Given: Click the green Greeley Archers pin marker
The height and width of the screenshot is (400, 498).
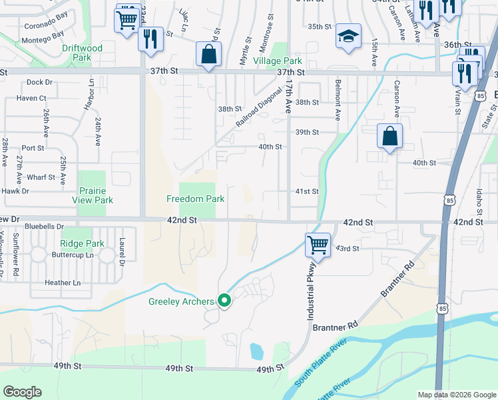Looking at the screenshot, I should [225, 301].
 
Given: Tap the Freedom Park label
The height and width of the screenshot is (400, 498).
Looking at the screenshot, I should [195, 199].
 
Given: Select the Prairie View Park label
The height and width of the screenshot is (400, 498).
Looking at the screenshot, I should [93, 195].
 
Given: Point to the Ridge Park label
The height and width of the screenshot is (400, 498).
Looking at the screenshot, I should [83, 244].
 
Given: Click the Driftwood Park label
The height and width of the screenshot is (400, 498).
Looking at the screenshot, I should [82, 53].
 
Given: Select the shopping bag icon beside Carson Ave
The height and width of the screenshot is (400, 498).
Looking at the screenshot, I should [390, 137].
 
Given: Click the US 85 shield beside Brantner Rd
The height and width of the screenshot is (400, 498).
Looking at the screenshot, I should [443, 309].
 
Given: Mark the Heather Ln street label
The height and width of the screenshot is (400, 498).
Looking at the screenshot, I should [63, 283].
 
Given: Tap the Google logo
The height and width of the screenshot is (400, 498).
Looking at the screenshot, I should [23, 391].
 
